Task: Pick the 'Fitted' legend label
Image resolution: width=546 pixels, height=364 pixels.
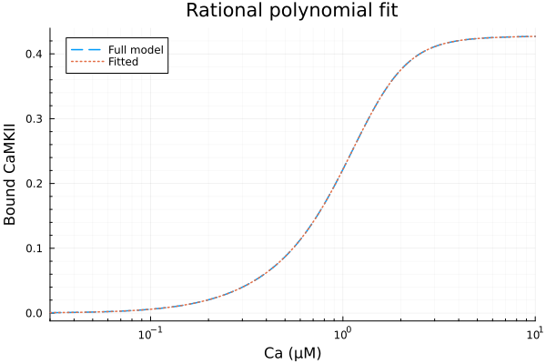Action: (x=126, y=62)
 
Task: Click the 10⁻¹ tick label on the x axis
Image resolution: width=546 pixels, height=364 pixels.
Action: (x=150, y=332)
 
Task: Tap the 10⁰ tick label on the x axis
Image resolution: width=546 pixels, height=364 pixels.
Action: (x=343, y=332)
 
